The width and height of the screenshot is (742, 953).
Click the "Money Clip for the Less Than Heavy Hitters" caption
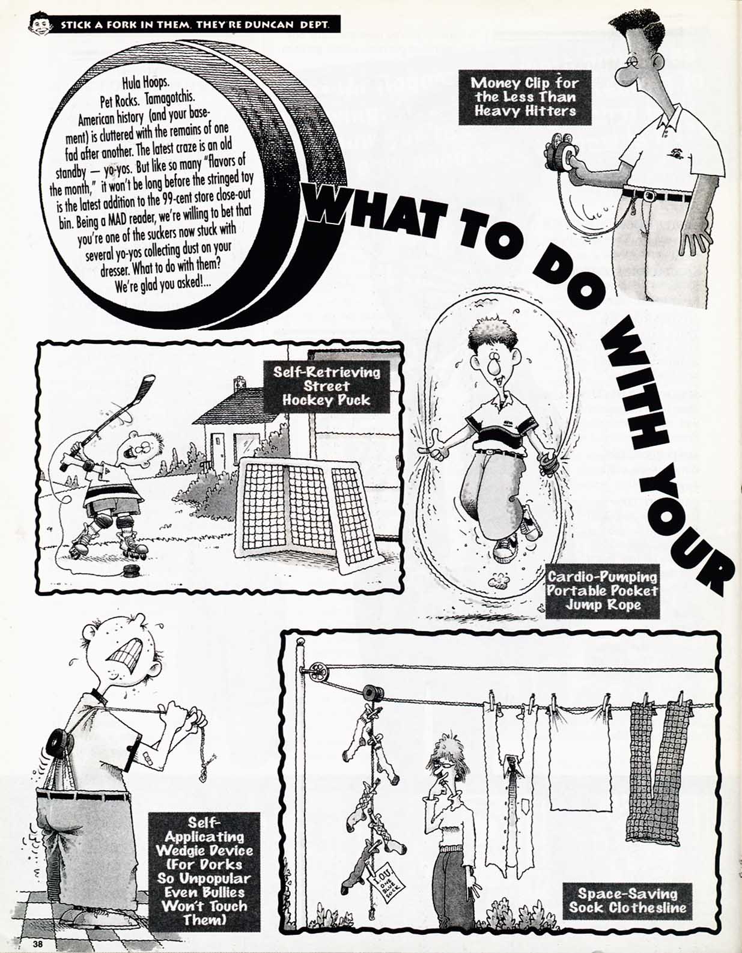[x=525, y=97]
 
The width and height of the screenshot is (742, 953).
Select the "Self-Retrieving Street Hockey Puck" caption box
[x=326, y=386]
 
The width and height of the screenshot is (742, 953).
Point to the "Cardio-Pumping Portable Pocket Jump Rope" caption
[x=602, y=591]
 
